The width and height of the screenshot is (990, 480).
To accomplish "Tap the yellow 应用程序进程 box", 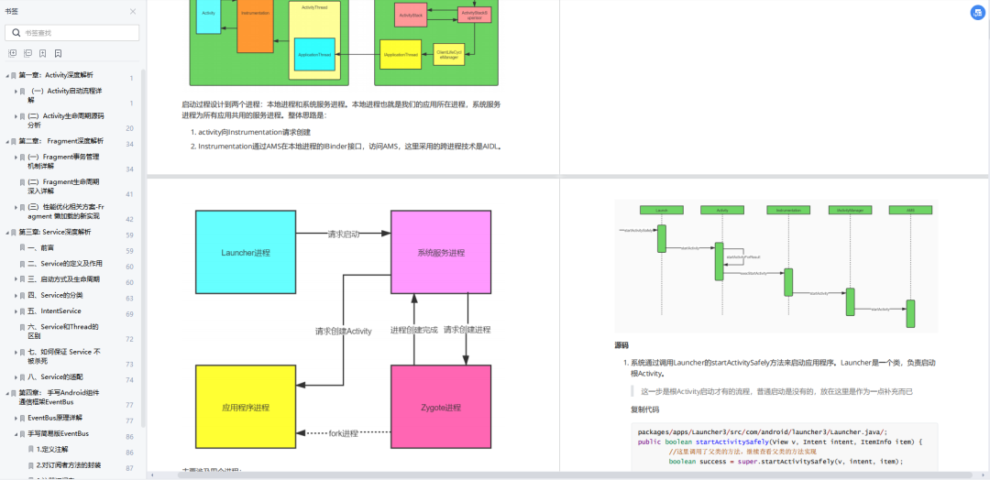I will pyautogui.click(x=246, y=407).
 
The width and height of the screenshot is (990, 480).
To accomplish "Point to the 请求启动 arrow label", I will pyautogui.click(x=344, y=235).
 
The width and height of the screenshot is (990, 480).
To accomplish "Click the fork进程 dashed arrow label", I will pyautogui.click(x=344, y=433).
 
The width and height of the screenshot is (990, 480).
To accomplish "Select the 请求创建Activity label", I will pyautogui.click(x=343, y=331).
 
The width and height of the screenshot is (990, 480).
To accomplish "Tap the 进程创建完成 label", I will pyautogui.click(x=413, y=330).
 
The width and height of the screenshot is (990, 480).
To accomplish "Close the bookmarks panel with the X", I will pyautogui.click(x=133, y=12).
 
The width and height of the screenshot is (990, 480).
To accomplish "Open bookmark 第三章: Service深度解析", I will pyautogui.click(x=55, y=233).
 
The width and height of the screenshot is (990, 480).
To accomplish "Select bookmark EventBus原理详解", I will pyautogui.click(x=63, y=418).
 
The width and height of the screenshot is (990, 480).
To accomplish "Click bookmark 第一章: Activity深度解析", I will pyautogui.click(x=56, y=75).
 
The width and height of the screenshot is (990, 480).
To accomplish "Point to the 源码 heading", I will pyautogui.click(x=621, y=345).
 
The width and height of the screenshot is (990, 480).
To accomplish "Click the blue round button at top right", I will pyautogui.click(x=978, y=13).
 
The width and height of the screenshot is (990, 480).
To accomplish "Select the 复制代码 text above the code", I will pyautogui.click(x=644, y=409).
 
